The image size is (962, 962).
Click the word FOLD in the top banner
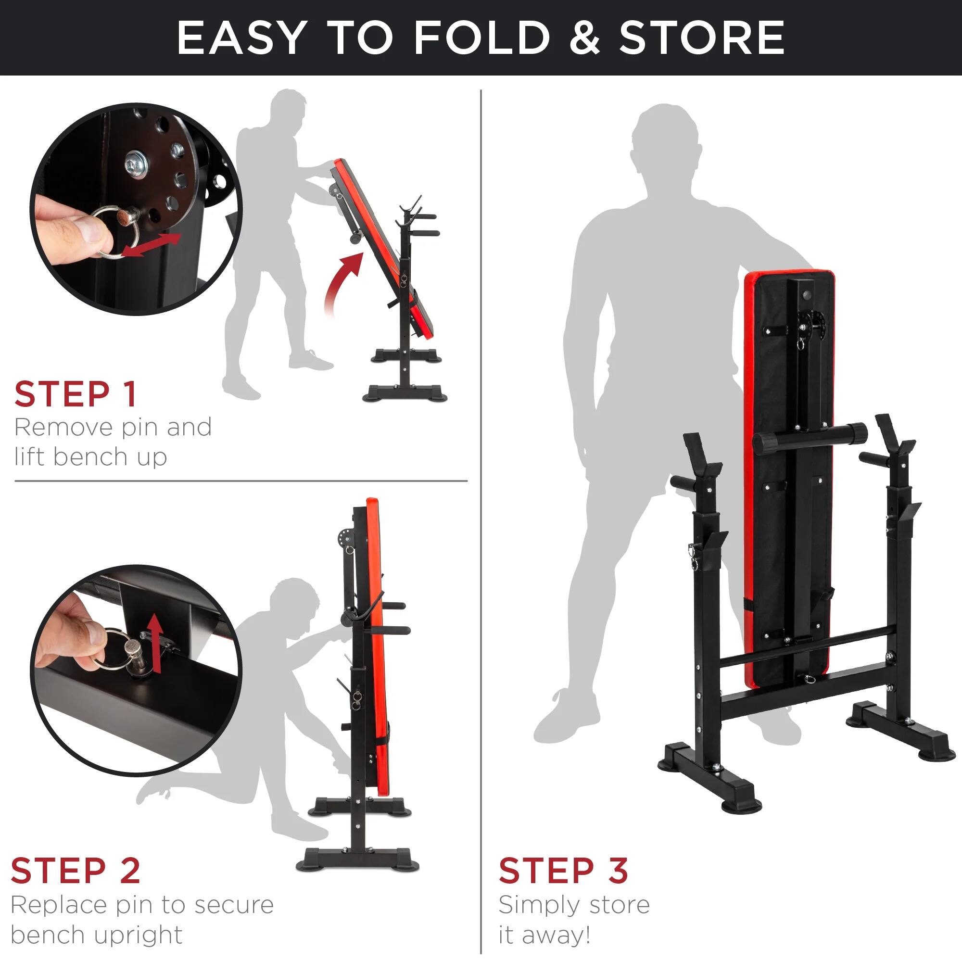481,38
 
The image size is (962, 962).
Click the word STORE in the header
702,38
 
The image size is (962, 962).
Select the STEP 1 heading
76,394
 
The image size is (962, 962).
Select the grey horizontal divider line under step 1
241,481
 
